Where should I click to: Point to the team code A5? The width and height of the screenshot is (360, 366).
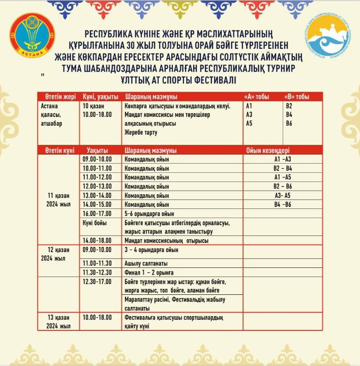249,123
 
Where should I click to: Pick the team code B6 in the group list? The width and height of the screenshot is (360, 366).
289,123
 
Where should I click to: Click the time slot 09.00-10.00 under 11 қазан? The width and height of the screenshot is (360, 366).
97,159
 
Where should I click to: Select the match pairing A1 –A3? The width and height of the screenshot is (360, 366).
283,159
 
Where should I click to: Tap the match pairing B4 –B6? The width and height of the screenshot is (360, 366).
283,204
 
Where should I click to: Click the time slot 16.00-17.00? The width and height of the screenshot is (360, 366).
97,213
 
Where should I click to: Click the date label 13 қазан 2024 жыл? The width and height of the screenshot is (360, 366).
58,321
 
